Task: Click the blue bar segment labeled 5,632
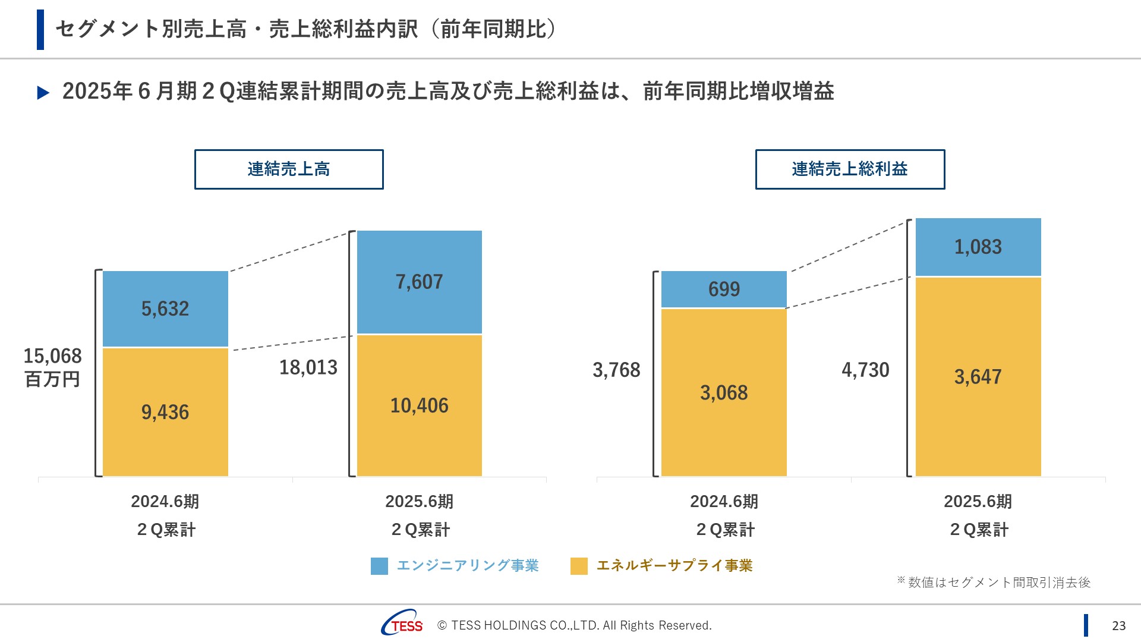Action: (165, 309)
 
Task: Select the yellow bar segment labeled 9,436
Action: (165, 412)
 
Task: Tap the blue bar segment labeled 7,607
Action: (419, 282)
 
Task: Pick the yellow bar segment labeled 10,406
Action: (419, 405)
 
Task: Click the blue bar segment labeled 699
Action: (724, 289)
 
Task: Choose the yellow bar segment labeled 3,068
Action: (724, 392)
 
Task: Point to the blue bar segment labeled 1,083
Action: (978, 247)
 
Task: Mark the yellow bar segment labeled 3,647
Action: (978, 376)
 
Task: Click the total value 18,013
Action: (308, 367)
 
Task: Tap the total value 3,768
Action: (616, 370)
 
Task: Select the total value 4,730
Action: (865, 370)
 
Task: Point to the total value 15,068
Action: (52, 356)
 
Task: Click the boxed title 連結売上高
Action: (289, 169)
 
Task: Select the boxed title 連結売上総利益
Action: (850, 169)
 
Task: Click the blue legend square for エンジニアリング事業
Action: (379, 566)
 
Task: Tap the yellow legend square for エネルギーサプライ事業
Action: (579, 566)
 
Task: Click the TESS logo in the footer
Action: (402, 623)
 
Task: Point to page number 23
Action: (1118, 625)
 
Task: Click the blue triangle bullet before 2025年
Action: (43, 93)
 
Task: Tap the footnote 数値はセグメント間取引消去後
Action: (998, 583)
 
